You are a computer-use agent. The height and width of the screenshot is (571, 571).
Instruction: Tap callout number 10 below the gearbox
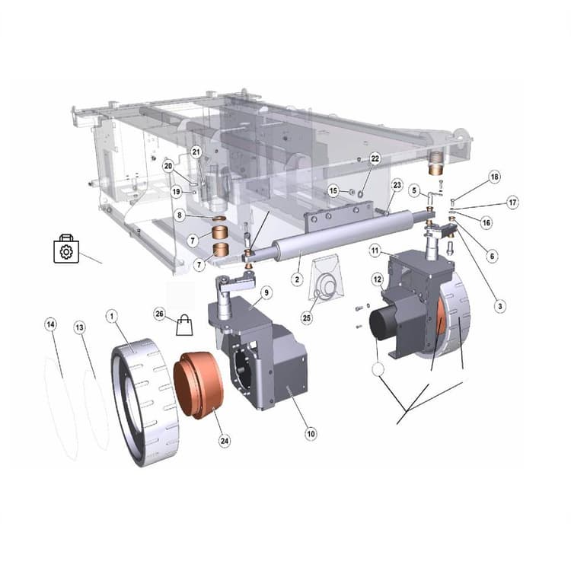pyautogui.click(x=311, y=434)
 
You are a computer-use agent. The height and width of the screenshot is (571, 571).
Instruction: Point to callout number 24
pyautogui.click(x=224, y=440)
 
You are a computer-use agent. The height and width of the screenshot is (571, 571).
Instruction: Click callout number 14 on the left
pyautogui.click(x=51, y=325)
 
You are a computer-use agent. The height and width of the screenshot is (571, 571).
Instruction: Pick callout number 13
pyautogui.click(x=79, y=327)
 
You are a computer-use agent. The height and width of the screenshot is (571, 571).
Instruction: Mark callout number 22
pyautogui.click(x=375, y=158)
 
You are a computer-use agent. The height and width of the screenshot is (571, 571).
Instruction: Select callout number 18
pyautogui.click(x=495, y=177)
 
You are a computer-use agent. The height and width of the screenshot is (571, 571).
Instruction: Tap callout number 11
pyautogui.click(x=375, y=250)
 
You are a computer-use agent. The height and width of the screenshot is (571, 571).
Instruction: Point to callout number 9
pyautogui.click(x=266, y=292)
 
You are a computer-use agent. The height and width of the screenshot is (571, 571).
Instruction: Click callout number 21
pyautogui.click(x=196, y=152)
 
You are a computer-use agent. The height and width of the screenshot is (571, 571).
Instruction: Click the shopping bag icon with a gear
pyautogui.click(x=66, y=249)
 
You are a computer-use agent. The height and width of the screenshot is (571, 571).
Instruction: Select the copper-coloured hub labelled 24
pyautogui.click(x=199, y=384)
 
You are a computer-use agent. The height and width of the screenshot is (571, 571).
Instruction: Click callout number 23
pyautogui.click(x=397, y=185)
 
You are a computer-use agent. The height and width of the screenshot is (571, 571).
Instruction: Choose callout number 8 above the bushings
pyautogui.click(x=180, y=215)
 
